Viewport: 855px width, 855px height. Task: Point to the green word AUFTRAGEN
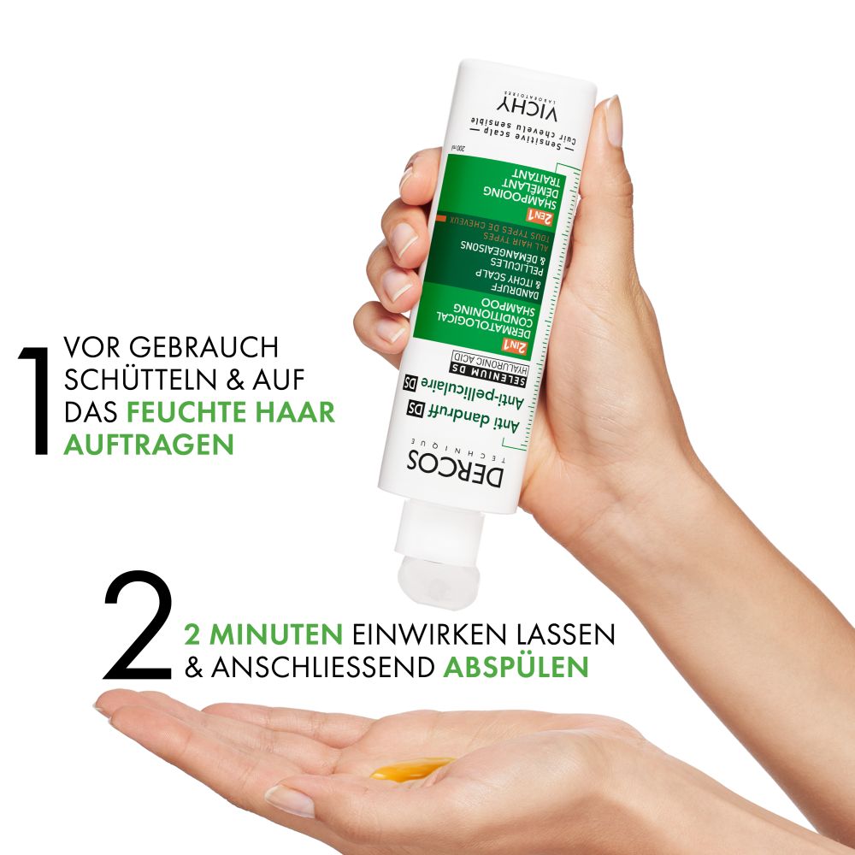[x=148, y=445]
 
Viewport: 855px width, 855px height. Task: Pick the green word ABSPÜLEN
[x=516, y=668]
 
